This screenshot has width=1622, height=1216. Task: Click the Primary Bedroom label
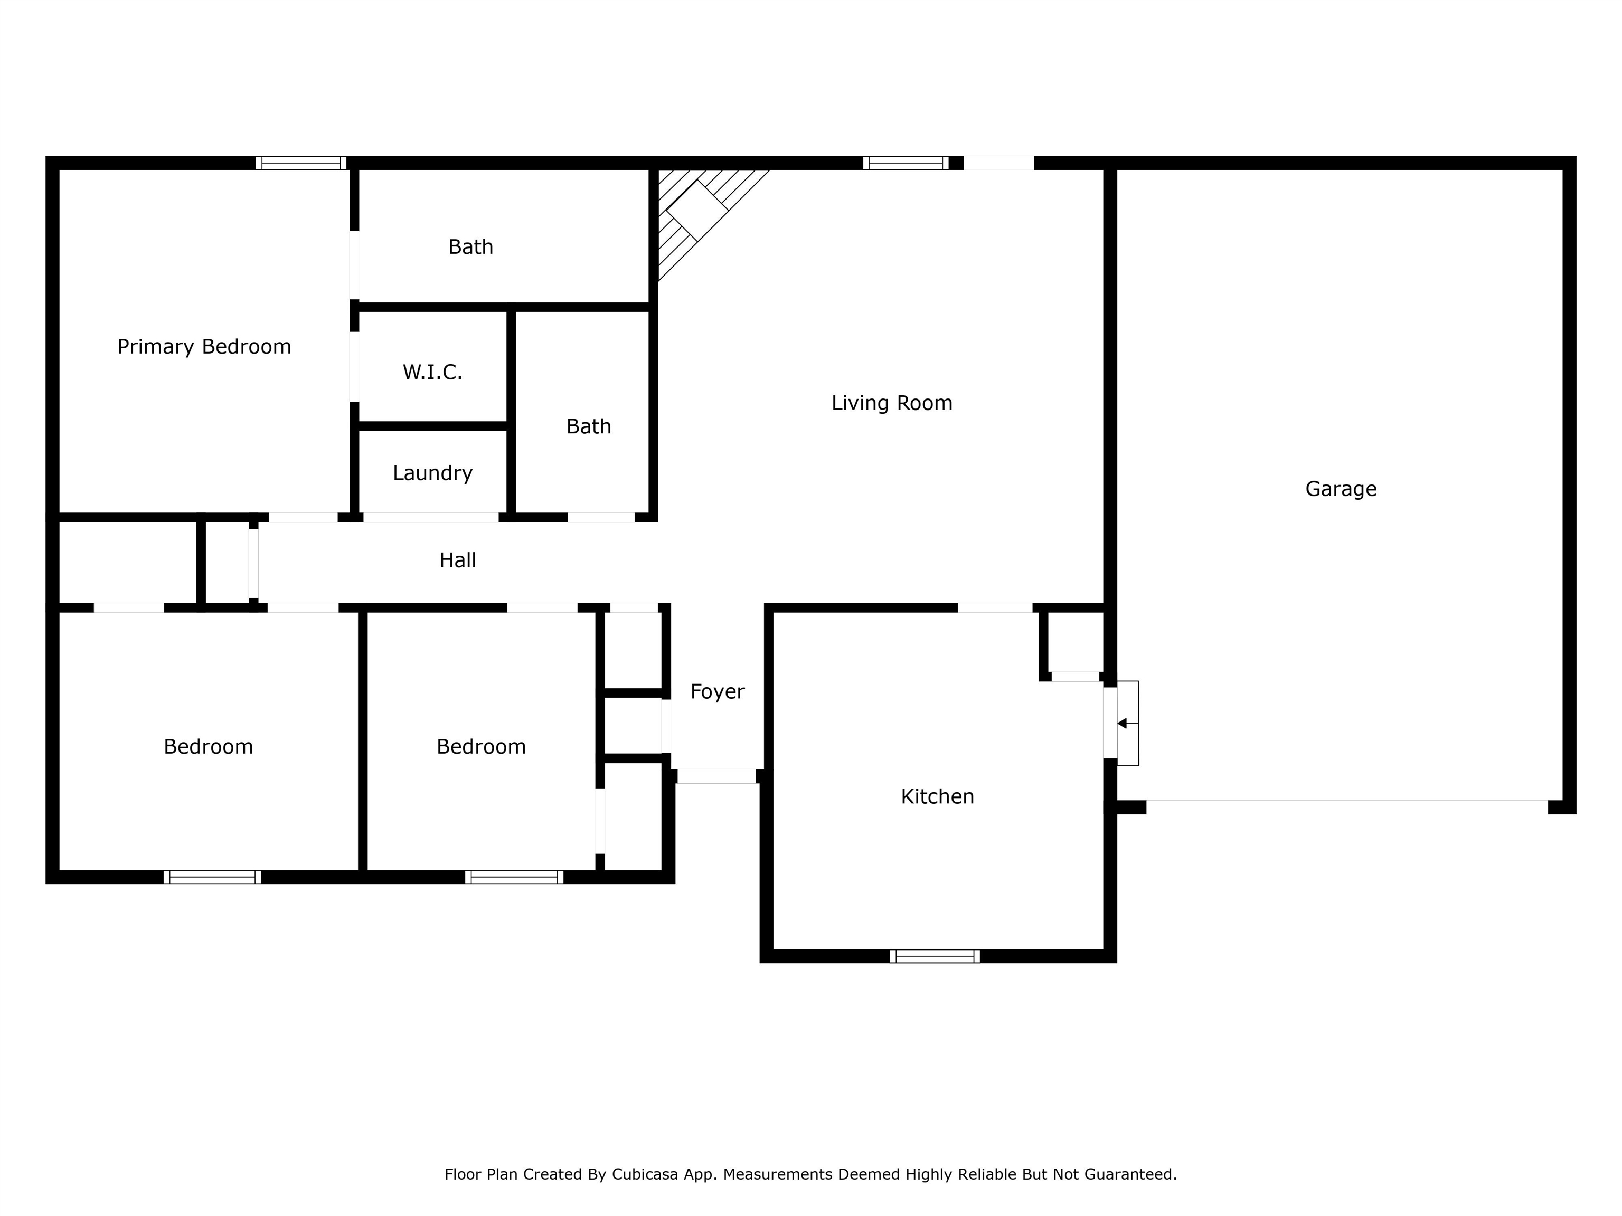coord(204,347)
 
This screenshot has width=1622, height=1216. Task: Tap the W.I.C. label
coord(432,373)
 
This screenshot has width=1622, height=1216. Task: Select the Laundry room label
coord(432,473)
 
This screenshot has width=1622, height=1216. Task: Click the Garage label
coord(1341,489)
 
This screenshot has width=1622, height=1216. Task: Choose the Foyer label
coord(716,692)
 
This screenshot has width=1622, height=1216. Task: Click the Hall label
coord(458,560)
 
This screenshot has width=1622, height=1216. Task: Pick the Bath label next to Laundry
coord(588,426)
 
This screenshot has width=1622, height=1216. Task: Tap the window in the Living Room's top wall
coord(905,163)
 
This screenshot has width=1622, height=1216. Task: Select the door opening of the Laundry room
coord(431,517)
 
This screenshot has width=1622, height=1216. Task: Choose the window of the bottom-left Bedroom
coord(212,877)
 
